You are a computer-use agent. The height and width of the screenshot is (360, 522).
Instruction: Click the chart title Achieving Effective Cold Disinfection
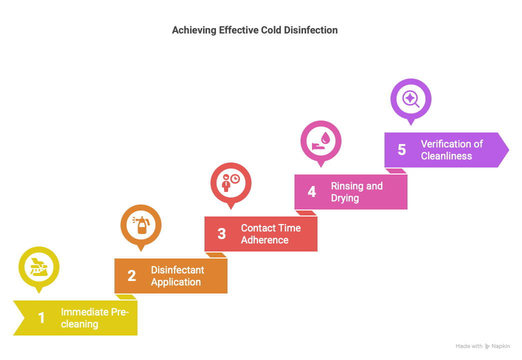click(x=254, y=30)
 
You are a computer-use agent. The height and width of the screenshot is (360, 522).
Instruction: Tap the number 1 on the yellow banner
click(x=41, y=317)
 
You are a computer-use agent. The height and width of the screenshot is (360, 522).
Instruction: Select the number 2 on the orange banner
click(x=132, y=275)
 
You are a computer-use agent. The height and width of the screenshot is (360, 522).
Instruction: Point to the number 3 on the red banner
click(x=221, y=234)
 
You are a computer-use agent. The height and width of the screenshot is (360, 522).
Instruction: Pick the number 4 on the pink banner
click(x=312, y=192)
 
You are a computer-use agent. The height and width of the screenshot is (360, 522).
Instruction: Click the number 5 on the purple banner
click(x=402, y=150)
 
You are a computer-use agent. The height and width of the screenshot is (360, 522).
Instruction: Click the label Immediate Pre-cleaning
click(x=95, y=318)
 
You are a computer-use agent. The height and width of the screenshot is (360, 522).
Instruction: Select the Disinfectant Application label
click(x=177, y=276)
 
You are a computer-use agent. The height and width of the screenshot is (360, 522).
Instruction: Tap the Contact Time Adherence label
click(x=270, y=234)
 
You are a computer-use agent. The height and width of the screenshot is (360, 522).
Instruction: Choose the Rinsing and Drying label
click(x=356, y=192)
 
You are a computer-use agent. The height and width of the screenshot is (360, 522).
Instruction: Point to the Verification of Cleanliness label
click(x=452, y=150)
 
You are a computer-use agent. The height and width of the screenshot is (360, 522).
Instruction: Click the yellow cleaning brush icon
click(x=39, y=267)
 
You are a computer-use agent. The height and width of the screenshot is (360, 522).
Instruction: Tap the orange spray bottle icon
click(x=141, y=225)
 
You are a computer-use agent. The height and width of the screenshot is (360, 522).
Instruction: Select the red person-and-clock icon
click(x=230, y=183)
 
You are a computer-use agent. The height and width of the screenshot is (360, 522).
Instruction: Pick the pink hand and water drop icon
click(x=321, y=141)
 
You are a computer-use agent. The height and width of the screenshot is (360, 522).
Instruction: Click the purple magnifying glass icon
click(x=411, y=99)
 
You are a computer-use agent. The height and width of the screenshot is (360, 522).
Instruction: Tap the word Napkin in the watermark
click(x=500, y=346)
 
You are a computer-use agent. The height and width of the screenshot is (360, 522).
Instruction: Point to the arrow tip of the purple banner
click(x=509, y=150)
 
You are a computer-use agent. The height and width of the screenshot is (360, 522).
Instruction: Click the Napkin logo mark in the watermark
click(x=487, y=346)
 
